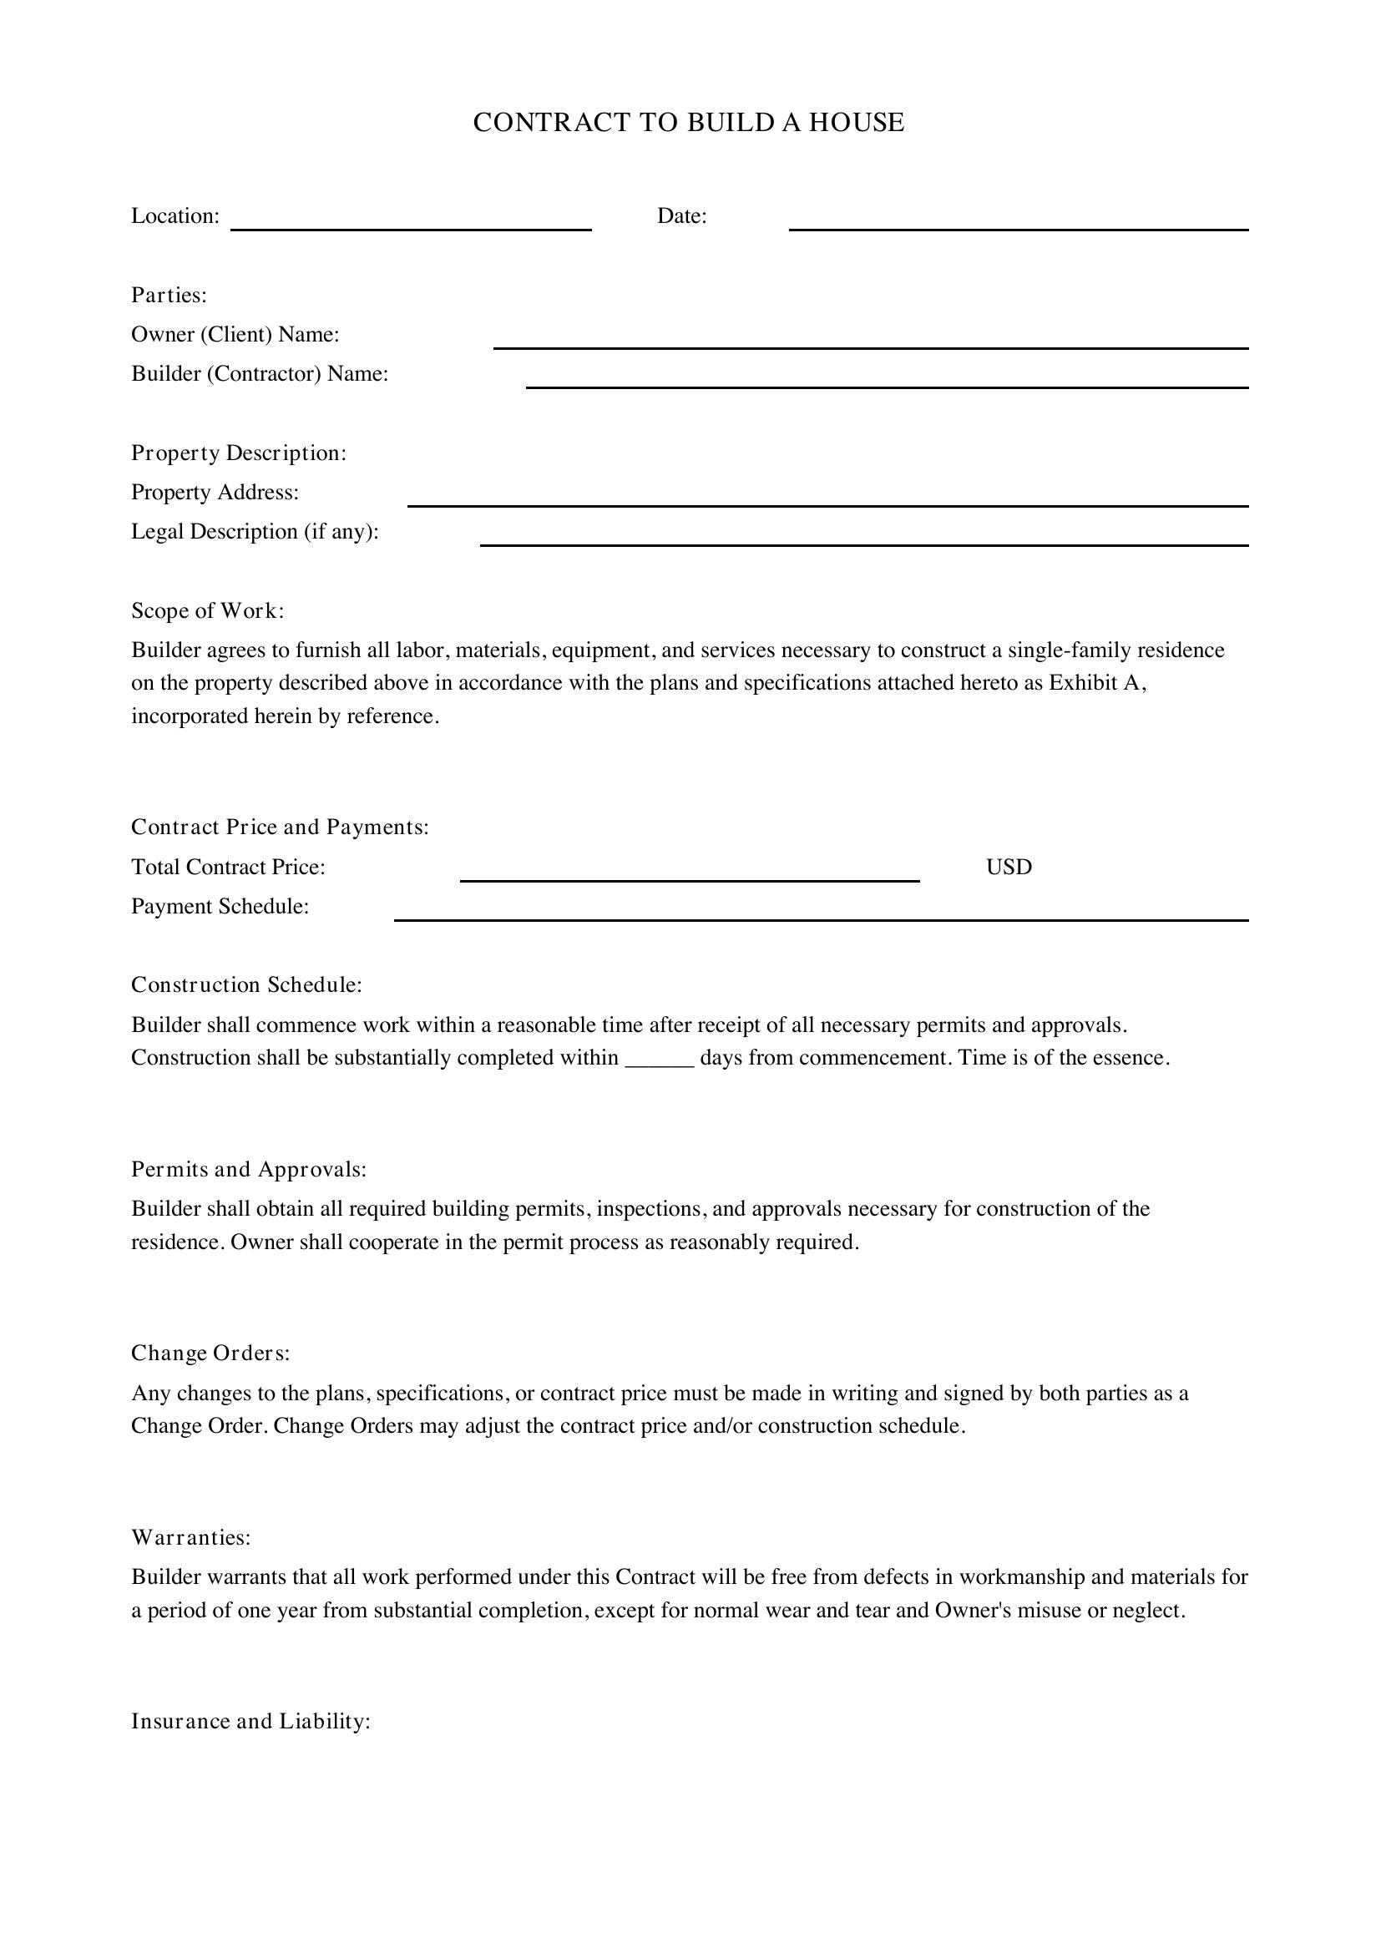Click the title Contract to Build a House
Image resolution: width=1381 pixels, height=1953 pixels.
(x=688, y=123)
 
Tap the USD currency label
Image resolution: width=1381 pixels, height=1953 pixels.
(x=1009, y=867)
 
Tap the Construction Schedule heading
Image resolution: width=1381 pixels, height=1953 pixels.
(x=246, y=985)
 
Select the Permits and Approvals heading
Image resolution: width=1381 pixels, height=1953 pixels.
(x=248, y=1170)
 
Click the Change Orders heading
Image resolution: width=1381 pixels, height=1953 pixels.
(x=210, y=1353)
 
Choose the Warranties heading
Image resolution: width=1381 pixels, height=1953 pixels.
(x=190, y=1538)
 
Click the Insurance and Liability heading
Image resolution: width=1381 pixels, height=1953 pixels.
(x=250, y=1722)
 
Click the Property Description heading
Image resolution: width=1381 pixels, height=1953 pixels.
(x=238, y=453)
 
